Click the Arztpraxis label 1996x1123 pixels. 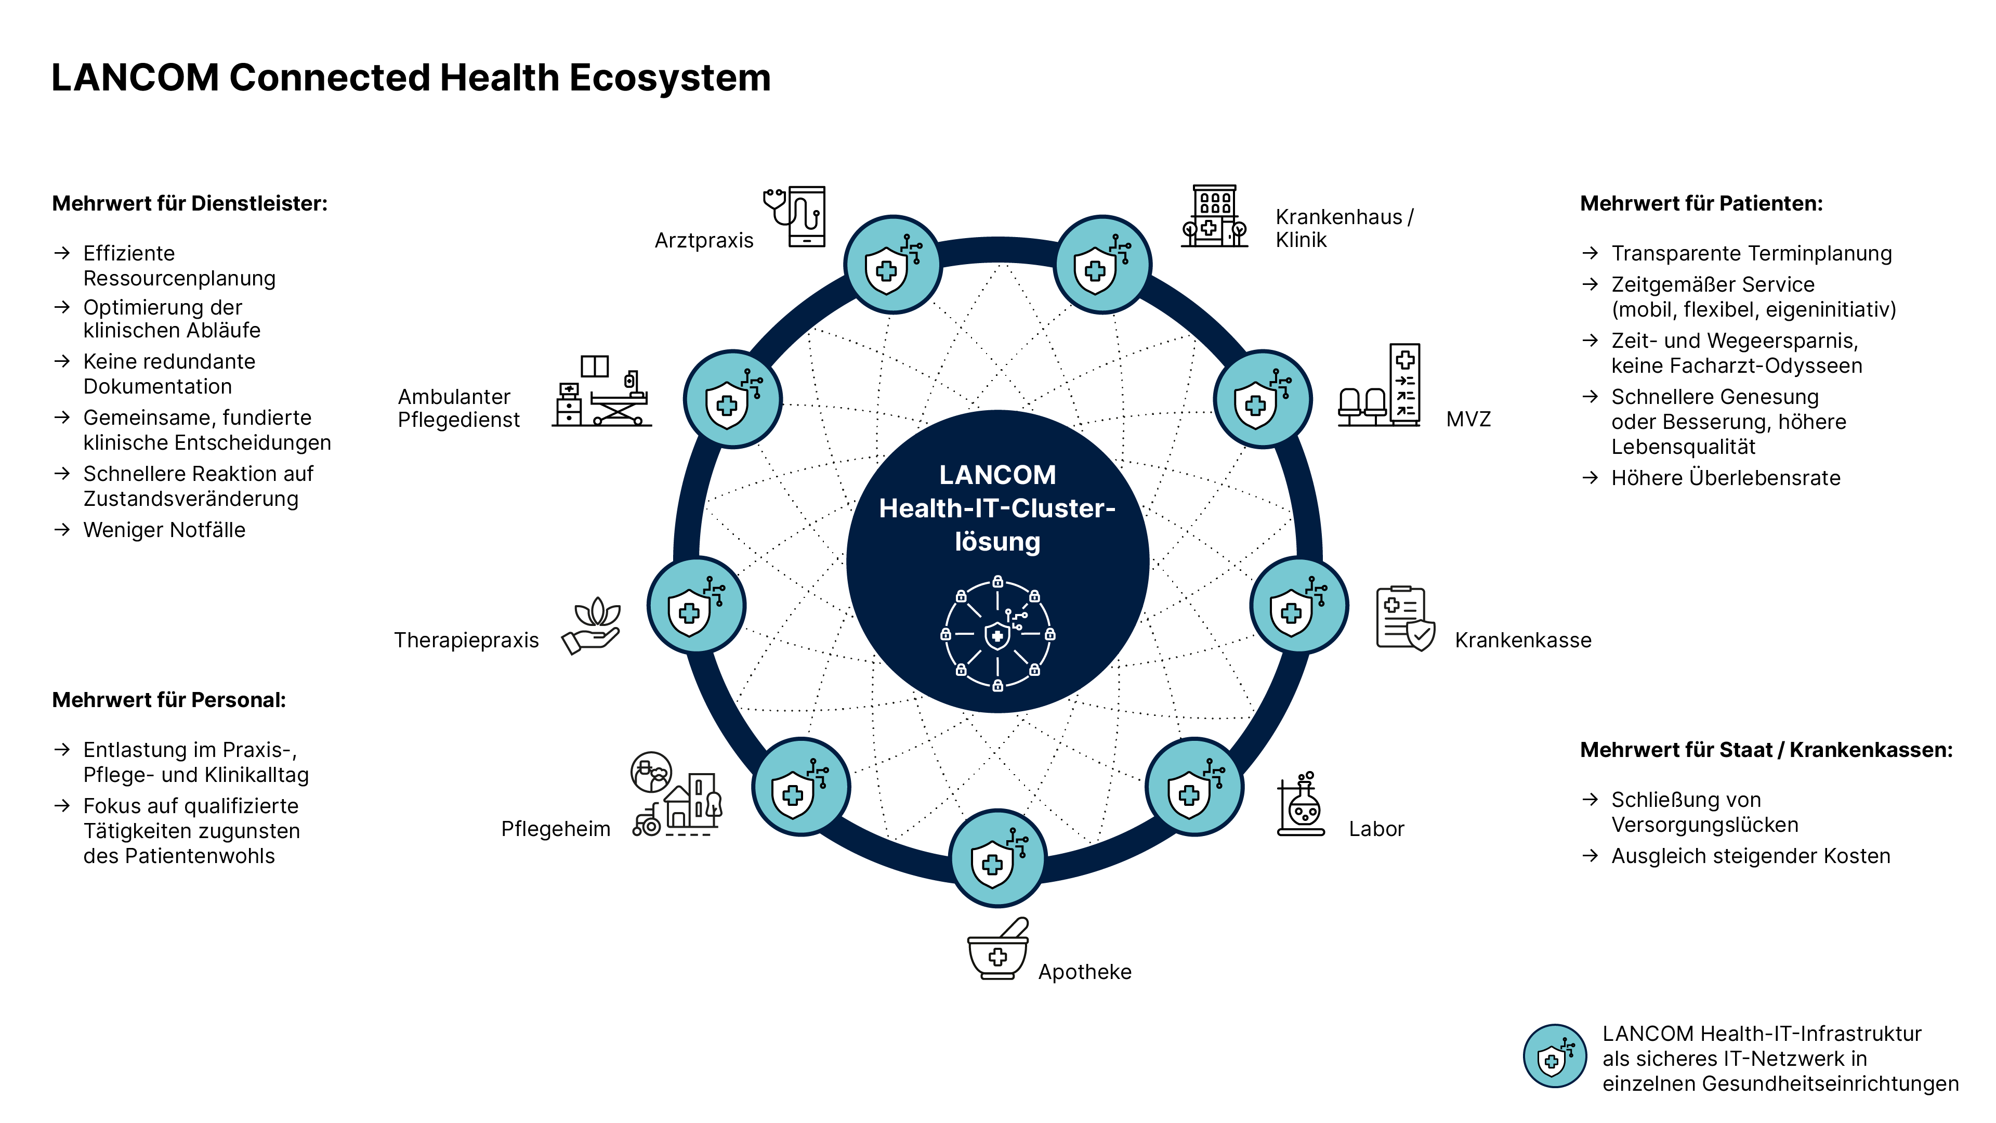click(704, 240)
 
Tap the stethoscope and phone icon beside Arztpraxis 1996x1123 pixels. click(796, 216)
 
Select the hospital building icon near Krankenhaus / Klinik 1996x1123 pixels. click(1214, 216)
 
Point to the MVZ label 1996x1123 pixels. click(1467, 419)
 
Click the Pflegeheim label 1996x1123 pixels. click(556, 829)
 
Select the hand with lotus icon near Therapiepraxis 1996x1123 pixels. click(592, 624)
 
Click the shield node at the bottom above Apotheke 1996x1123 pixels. click(997, 858)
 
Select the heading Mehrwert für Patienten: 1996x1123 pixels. click(1701, 204)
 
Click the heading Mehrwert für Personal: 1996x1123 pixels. click(169, 700)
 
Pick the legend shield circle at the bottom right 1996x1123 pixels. click(1554, 1056)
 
